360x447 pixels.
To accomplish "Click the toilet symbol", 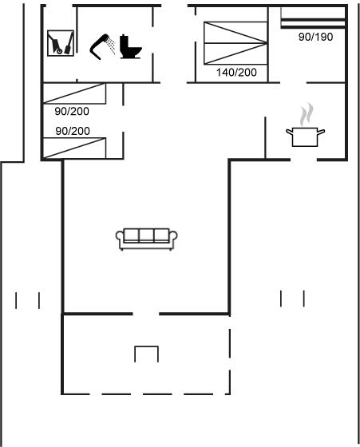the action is click(x=130, y=47).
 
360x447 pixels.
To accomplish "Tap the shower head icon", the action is click(x=98, y=47).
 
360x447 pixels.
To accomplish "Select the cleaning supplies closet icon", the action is click(x=61, y=43).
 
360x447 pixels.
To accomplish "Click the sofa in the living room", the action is click(x=147, y=239).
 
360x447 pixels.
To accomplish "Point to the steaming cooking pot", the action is click(x=305, y=136).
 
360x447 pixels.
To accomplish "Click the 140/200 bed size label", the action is click(x=236, y=73).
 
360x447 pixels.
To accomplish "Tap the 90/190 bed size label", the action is click(x=316, y=37).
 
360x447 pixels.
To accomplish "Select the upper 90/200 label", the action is click(x=72, y=111).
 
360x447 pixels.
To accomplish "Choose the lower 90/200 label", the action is click(x=73, y=131).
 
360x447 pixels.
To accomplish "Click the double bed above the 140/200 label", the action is click(x=235, y=43).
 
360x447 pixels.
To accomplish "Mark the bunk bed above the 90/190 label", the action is click(x=313, y=18).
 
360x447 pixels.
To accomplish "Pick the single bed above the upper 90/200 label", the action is click(x=74, y=93).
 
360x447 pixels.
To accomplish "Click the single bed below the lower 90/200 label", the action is click(x=74, y=148).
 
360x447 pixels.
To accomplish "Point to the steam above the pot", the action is click(x=307, y=114).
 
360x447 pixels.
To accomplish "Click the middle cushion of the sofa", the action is click(x=147, y=235).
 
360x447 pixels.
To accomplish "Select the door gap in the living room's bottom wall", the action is click(x=146, y=314).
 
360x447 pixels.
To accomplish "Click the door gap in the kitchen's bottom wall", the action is click(x=304, y=160).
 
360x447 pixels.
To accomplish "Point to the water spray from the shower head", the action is click(x=111, y=45).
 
